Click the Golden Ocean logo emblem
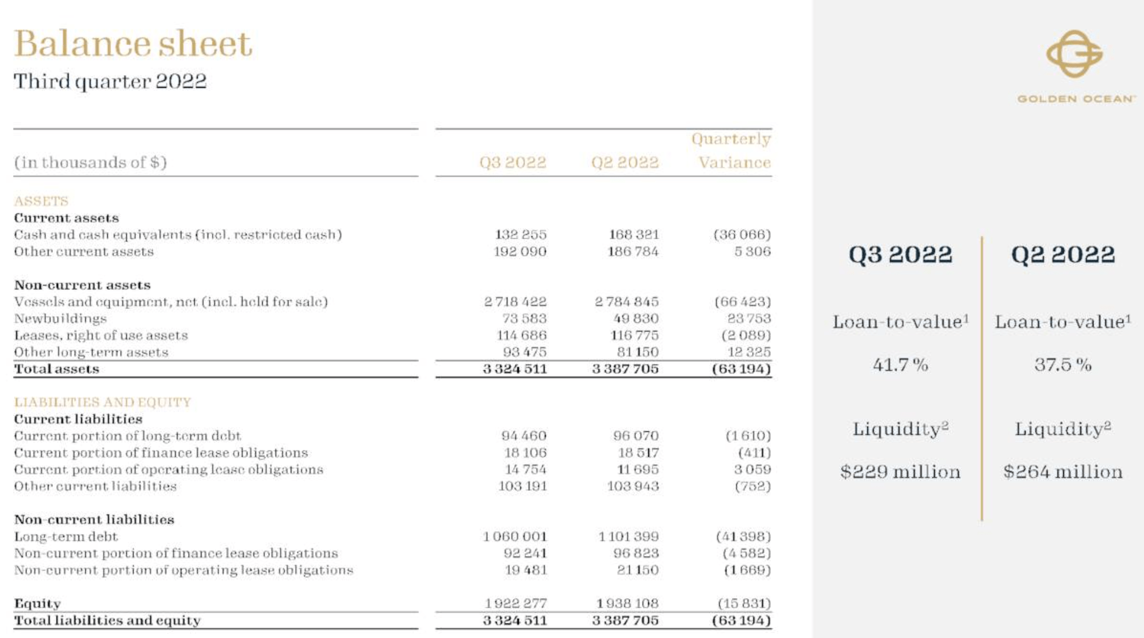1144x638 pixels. [1074, 54]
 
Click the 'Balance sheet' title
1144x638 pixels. [133, 44]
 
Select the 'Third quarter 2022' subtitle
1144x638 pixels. [110, 81]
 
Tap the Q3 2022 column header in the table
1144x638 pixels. [512, 163]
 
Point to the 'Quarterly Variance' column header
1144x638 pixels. [732, 151]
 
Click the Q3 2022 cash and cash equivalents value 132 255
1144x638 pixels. [520, 235]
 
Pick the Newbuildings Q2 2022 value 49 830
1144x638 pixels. [635, 319]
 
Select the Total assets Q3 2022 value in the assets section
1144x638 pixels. [514, 369]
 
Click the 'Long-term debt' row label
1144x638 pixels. [66, 537]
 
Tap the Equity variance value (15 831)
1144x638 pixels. [744, 604]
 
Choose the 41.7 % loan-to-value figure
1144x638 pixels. [900, 365]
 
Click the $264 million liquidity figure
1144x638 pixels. [1063, 472]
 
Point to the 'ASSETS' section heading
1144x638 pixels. [41, 201]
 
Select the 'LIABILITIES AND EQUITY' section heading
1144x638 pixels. [102, 402]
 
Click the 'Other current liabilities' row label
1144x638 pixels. [95, 486]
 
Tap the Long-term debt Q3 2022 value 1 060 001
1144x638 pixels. [514, 537]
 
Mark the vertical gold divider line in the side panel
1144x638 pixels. [982, 379]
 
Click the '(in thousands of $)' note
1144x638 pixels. [90, 163]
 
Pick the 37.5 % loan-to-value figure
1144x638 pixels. [1063, 365]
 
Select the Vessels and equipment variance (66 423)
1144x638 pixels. [742, 302]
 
